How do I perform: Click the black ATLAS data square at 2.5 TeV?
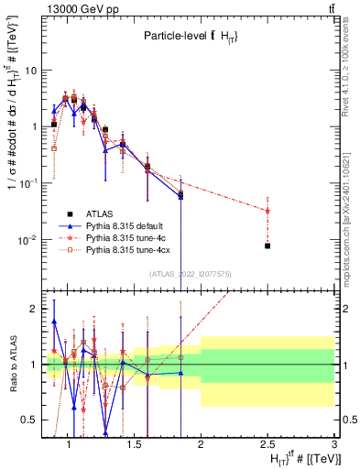(267, 245)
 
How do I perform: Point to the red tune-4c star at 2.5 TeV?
(267, 211)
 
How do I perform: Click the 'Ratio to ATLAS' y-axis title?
(12, 364)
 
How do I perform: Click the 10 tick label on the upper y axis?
(29, 71)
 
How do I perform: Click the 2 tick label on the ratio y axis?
(33, 309)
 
